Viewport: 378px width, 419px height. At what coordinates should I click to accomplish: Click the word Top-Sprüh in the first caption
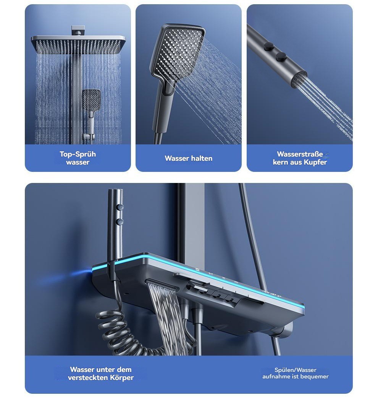pos(78,154)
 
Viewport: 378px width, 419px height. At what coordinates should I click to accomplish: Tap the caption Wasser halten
pos(189,159)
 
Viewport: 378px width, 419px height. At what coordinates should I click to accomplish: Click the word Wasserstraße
pos(300,154)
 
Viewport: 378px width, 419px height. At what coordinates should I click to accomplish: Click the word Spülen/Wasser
pos(296,370)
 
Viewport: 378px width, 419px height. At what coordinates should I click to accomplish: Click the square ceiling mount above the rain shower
pos(78,30)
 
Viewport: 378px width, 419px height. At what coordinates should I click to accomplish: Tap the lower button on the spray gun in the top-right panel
pos(281,57)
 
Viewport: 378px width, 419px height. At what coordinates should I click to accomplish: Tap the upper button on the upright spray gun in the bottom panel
pos(121,207)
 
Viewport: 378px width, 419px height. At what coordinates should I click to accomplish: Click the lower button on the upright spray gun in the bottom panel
pos(120,221)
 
